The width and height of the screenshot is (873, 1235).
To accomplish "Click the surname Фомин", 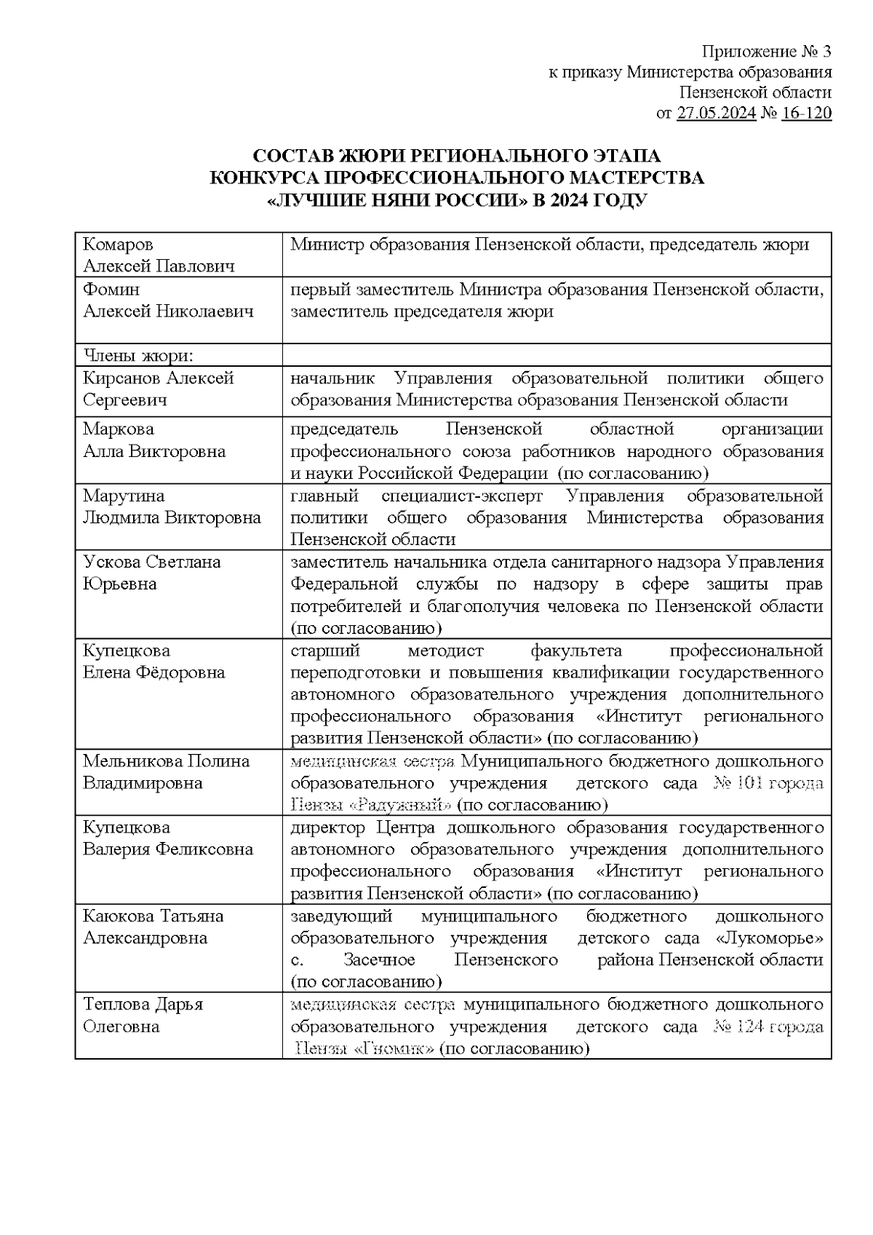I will click(111, 290).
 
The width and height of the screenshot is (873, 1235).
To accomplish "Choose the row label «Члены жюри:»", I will click(138, 356).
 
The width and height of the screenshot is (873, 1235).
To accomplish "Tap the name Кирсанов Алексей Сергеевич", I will click(158, 389).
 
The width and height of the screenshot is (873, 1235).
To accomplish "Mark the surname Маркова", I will click(118, 429).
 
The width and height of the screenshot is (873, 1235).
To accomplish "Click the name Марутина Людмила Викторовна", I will click(172, 507).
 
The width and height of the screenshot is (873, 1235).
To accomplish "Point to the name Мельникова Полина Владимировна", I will click(166, 771).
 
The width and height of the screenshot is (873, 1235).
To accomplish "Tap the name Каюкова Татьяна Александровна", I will click(154, 926).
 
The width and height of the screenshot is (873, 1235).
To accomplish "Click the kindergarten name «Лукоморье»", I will click(769, 938).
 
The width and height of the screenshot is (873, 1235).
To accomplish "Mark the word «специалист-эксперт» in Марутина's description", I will click(461, 496).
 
